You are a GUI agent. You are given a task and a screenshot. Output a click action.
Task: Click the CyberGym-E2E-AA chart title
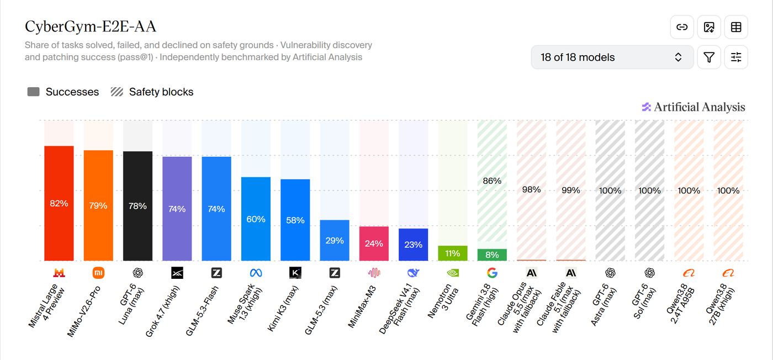(x=91, y=27)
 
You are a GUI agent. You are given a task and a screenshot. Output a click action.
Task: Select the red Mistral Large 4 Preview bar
(x=59, y=203)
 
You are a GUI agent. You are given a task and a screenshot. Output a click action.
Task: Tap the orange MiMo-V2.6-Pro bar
(x=98, y=205)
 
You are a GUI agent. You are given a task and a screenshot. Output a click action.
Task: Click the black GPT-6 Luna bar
(x=137, y=206)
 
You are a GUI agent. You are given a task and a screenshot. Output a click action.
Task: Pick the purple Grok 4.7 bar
(x=177, y=209)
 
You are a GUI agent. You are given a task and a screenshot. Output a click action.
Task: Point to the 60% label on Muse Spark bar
(x=256, y=219)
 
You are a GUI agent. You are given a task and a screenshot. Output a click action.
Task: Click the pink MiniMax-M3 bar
(x=374, y=243)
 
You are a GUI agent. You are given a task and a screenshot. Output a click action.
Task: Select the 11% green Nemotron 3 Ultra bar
(x=452, y=253)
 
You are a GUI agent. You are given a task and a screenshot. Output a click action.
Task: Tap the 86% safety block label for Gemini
(x=492, y=181)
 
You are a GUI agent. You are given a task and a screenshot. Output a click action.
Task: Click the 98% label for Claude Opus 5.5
(x=531, y=189)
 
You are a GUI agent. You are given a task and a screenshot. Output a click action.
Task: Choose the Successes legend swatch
(x=34, y=92)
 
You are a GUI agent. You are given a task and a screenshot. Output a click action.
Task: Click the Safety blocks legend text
(x=161, y=92)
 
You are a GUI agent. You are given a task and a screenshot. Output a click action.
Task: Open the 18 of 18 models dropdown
(x=612, y=57)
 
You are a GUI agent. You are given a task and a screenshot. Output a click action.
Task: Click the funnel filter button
(x=709, y=57)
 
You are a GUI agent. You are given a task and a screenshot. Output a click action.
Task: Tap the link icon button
(x=682, y=27)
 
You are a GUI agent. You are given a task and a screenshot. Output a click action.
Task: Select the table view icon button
(x=736, y=27)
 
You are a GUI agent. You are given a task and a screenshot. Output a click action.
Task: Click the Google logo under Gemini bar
(x=492, y=273)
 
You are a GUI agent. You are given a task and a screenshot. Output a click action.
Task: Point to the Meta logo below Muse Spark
(x=256, y=273)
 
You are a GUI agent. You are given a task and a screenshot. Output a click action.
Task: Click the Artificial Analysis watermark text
(x=700, y=107)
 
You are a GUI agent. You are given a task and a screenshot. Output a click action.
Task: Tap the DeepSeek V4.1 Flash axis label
(x=400, y=308)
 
